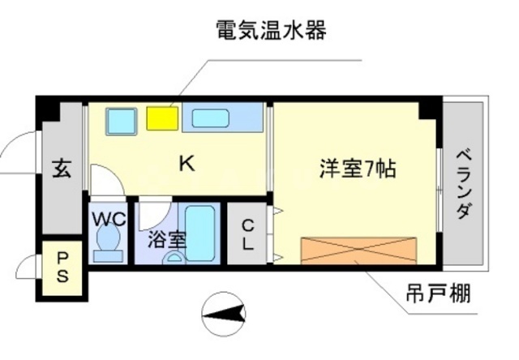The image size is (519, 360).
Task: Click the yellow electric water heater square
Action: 162,118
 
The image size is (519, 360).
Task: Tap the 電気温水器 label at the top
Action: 272,30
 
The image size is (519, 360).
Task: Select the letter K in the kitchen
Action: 187,164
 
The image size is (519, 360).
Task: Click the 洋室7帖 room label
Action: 358,169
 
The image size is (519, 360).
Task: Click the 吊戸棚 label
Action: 438,293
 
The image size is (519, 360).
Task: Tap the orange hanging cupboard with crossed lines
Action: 358,251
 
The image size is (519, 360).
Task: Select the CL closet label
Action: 247,235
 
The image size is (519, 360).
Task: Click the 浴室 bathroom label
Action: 167,239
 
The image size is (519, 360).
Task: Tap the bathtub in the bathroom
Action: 199,234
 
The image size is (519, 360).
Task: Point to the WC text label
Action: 109,219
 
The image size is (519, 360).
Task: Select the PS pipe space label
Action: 62,268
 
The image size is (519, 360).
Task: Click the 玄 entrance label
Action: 62,168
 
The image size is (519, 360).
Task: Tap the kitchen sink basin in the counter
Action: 211,118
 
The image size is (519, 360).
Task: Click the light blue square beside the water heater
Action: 122,121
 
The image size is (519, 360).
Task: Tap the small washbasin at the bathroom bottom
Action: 174,258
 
